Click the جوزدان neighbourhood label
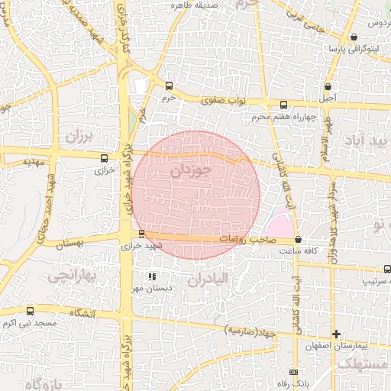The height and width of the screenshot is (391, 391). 189,171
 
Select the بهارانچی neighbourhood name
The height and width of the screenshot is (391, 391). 69,276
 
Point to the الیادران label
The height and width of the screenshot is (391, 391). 207,280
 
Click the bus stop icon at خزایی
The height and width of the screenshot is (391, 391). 104,158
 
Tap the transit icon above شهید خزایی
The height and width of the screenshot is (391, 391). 141,234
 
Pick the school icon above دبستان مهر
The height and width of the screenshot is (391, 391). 152,276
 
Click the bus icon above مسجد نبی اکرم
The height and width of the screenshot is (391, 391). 30,311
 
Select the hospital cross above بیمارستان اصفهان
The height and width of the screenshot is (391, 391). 335,334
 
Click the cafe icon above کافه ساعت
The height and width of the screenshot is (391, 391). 298,239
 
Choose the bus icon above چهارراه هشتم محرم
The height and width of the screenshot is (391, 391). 283,105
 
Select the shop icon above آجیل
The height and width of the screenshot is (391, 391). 328,86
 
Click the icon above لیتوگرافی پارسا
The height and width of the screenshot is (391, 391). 354,37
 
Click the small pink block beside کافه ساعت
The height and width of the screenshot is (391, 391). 280,227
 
